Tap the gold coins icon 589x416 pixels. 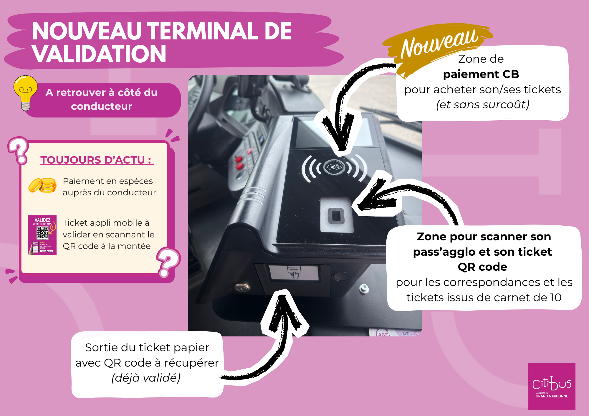pos(43,185)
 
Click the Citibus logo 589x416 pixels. pos(552,386)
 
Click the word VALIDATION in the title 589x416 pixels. pos(100,54)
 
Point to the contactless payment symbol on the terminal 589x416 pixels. pos(334,167)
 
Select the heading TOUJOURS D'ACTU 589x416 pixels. pos(97,160)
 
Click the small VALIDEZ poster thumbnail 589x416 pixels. pos(42,235)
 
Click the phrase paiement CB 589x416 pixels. pos(481,74)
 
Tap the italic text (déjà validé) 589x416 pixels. pos(146,378)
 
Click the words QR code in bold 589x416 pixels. pos(482,267)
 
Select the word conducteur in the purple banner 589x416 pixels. pos(102,106)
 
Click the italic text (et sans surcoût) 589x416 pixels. pos(482,104)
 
